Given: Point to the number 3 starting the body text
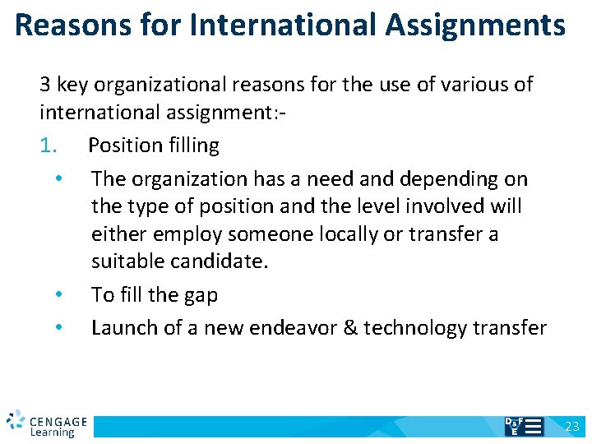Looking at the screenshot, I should click(44, 85).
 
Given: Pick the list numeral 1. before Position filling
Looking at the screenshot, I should click(49, 146).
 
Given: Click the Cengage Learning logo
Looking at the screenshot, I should click(46, 423).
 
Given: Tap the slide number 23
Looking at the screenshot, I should click(572, 427).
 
